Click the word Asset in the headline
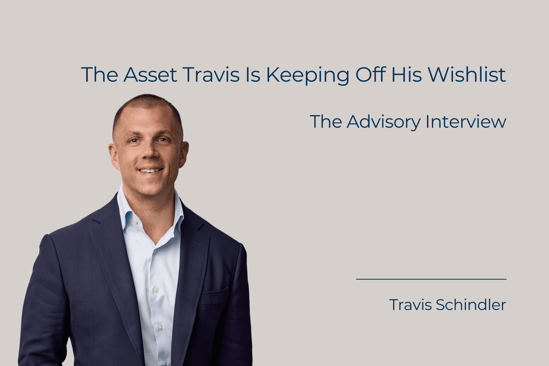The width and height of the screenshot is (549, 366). pos(150,75)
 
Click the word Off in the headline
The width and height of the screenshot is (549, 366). pos(370,75)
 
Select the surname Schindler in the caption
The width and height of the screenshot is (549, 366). pos(471,305)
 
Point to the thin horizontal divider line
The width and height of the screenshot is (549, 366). pos(431,279)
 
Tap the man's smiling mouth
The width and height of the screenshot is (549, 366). pos(151,171)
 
